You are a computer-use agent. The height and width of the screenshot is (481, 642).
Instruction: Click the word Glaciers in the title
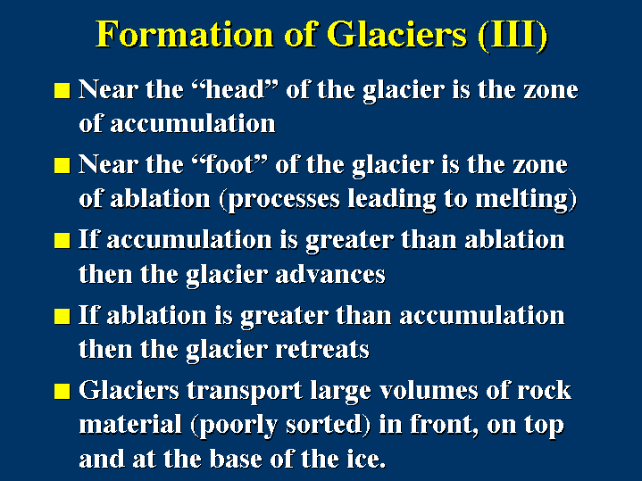pyautogui.click(x=396, y=34)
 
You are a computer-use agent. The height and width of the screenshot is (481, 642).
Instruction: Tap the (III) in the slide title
pyautogui.click(x=513, y=35)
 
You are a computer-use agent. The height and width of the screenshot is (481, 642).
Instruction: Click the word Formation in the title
pyautogui.click(x=185, y=34)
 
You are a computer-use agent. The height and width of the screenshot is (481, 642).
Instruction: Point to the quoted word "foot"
pyautogui.click(x=229, y=164)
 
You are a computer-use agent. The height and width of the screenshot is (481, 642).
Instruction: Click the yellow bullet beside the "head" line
pyautogui.click(x=63, y=90)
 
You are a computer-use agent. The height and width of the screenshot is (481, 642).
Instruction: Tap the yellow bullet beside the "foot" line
pyautogui.click(x=63, y=166)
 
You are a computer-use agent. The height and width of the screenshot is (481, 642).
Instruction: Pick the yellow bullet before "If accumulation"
pyautogui.click(x=63, y=241)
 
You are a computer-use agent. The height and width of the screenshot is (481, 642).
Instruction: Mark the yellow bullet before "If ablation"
pyautogui.click(x=63, y=316)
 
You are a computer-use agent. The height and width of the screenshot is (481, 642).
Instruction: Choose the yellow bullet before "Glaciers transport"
pyautogui.click(x=63, y=391)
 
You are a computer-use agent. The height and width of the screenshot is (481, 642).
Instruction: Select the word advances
pyautogui.click(x=330, y=274)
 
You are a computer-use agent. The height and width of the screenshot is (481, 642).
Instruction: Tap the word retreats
pyautogui.click(x=322, y=350)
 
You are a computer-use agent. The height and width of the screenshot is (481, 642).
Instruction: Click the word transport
pyautogui.click(x=245, y=392)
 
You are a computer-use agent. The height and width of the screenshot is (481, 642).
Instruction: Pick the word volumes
pyautogui.click(x=429, y=390)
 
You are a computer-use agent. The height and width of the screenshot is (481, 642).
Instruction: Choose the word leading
pyautogui.click(x=392, y=200)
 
